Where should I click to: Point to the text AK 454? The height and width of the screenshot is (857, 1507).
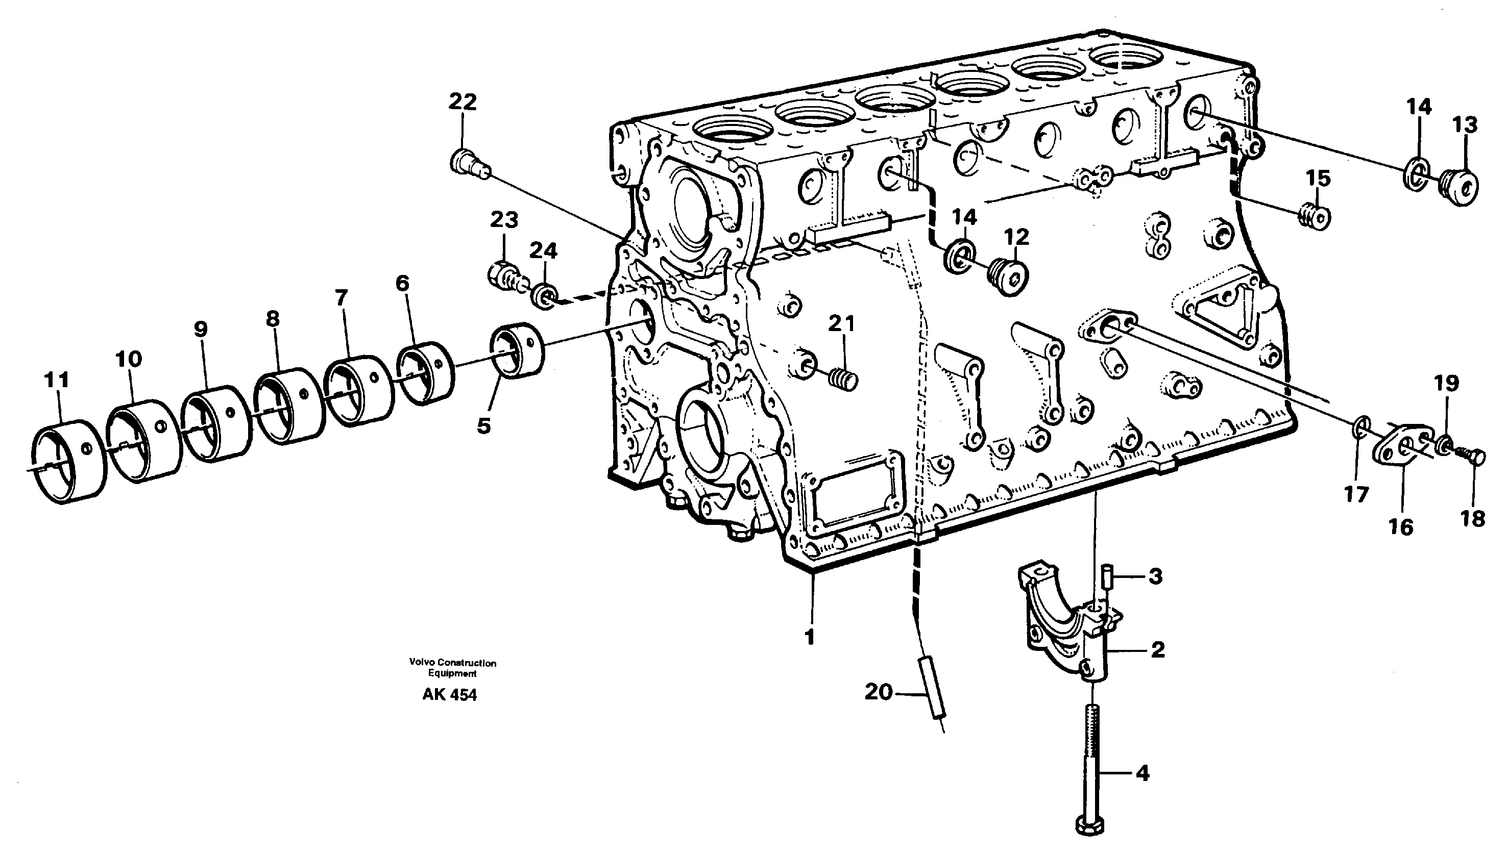click(449, 695)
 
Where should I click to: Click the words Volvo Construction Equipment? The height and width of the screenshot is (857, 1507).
click(452, 667)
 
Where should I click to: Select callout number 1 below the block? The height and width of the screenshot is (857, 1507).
click(810, 637)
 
